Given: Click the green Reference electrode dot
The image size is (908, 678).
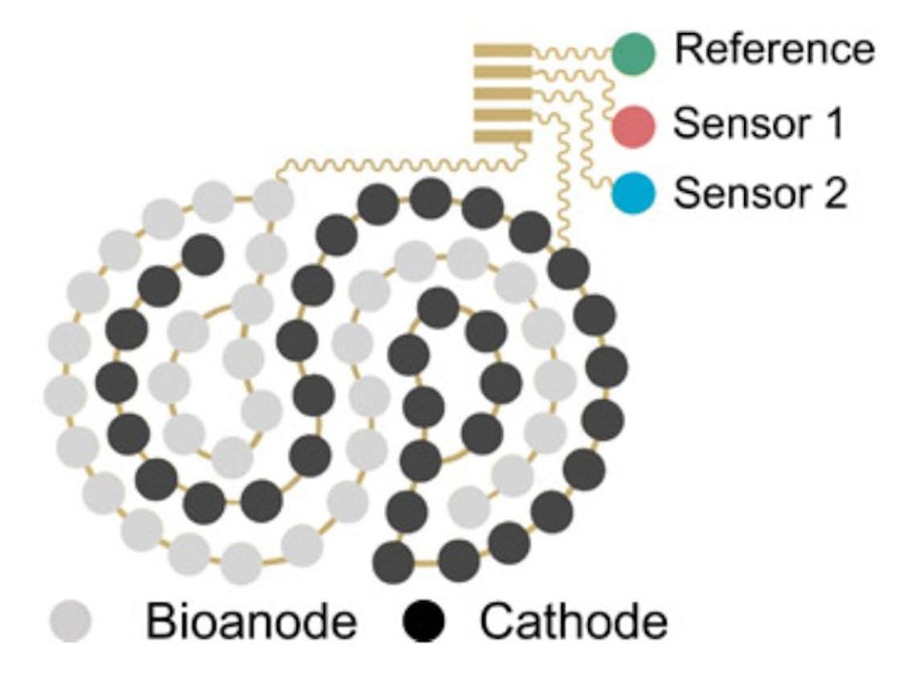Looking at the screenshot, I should (x=633, y=51).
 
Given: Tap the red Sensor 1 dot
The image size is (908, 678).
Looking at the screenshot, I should (x=633, y=125).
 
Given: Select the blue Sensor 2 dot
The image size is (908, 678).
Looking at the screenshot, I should (x=633, y=194).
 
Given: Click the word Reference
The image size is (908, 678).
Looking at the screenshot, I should (x=774, y=50).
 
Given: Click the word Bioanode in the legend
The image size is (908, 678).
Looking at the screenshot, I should (x=251, y=622).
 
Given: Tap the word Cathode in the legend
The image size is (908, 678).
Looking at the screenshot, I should (x=573, y=622).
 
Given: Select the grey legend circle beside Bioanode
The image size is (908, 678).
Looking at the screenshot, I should (x=71, y=622).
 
